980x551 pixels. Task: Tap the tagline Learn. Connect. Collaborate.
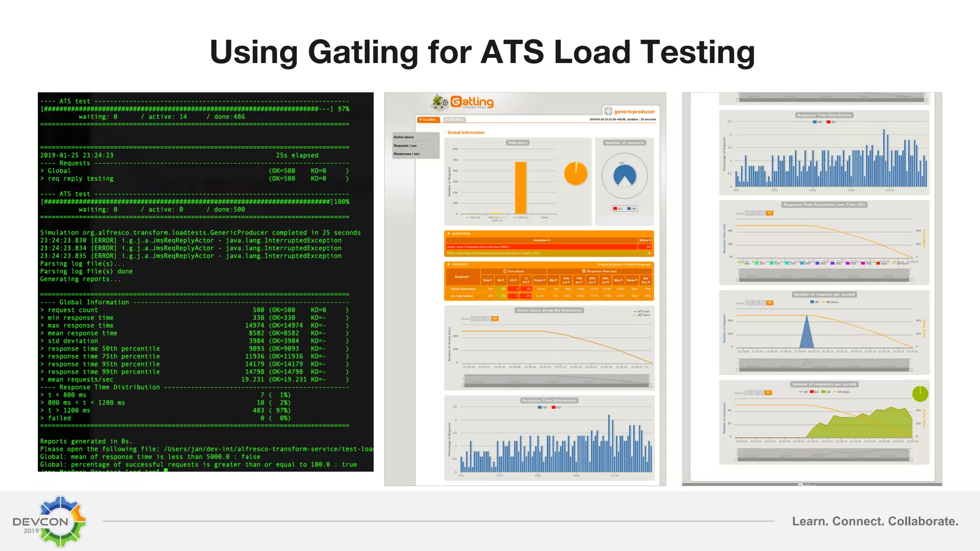(875, 521)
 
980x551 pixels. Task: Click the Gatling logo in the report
(463, 102)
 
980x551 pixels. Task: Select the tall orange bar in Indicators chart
(521, 187)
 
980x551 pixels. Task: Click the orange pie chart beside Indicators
(576, 174)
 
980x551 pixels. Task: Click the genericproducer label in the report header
(634, 111)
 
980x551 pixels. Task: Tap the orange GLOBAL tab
(428, 120)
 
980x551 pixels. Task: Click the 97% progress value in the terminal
(344, 109)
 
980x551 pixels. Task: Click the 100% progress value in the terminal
(342, 202)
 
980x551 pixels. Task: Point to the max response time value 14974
(255, 326)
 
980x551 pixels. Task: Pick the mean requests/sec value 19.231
(253, 380)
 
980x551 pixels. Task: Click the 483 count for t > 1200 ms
(258, 410)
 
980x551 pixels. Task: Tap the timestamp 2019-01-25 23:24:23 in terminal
(77, 155)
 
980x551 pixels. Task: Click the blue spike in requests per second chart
(807, 332)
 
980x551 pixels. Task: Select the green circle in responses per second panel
(920, 394)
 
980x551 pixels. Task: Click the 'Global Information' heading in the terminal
(94, 302)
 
